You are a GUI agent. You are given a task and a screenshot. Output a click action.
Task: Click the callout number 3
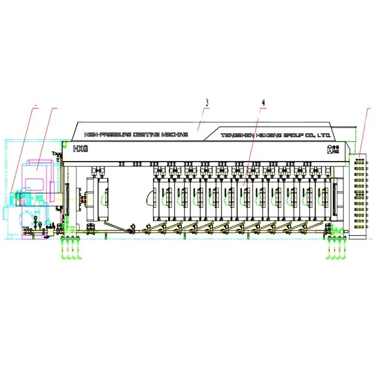click(206, 102)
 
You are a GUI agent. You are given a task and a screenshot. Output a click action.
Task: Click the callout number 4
click(263, 102)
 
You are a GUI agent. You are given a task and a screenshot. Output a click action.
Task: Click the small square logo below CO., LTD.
click(327, 148)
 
